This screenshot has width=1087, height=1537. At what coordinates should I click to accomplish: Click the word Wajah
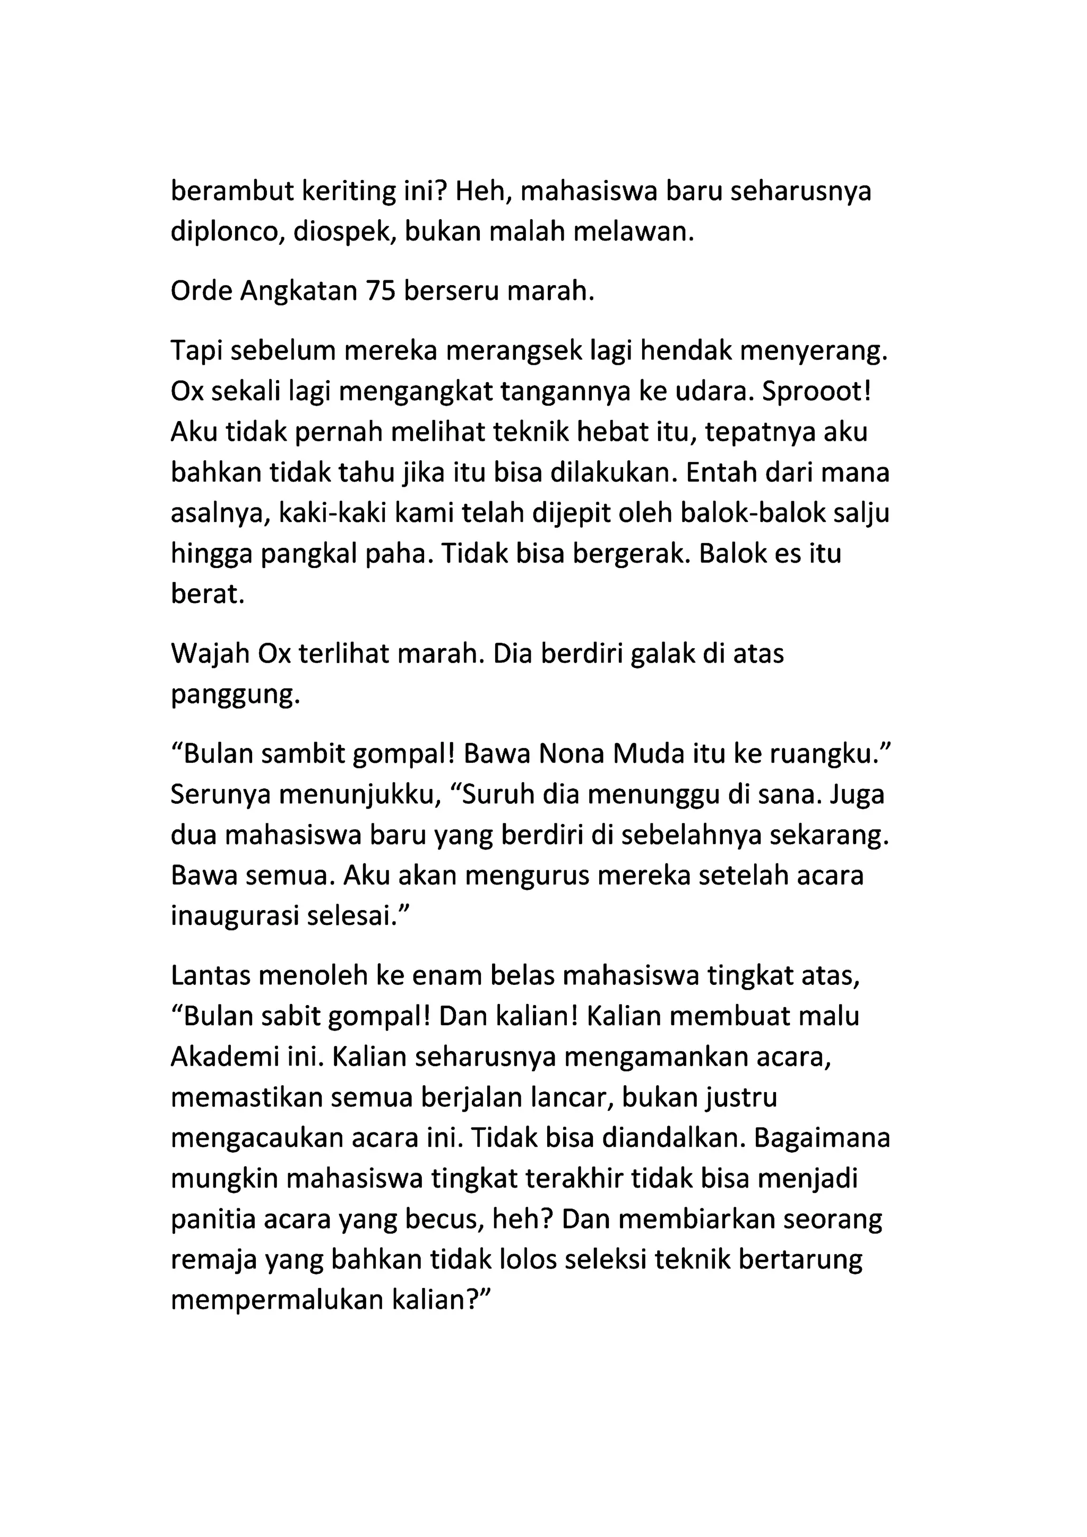pyautogui.click(x=210, y=654)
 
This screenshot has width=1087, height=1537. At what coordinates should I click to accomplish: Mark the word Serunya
pyautogui.click(x=220, y=795)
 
